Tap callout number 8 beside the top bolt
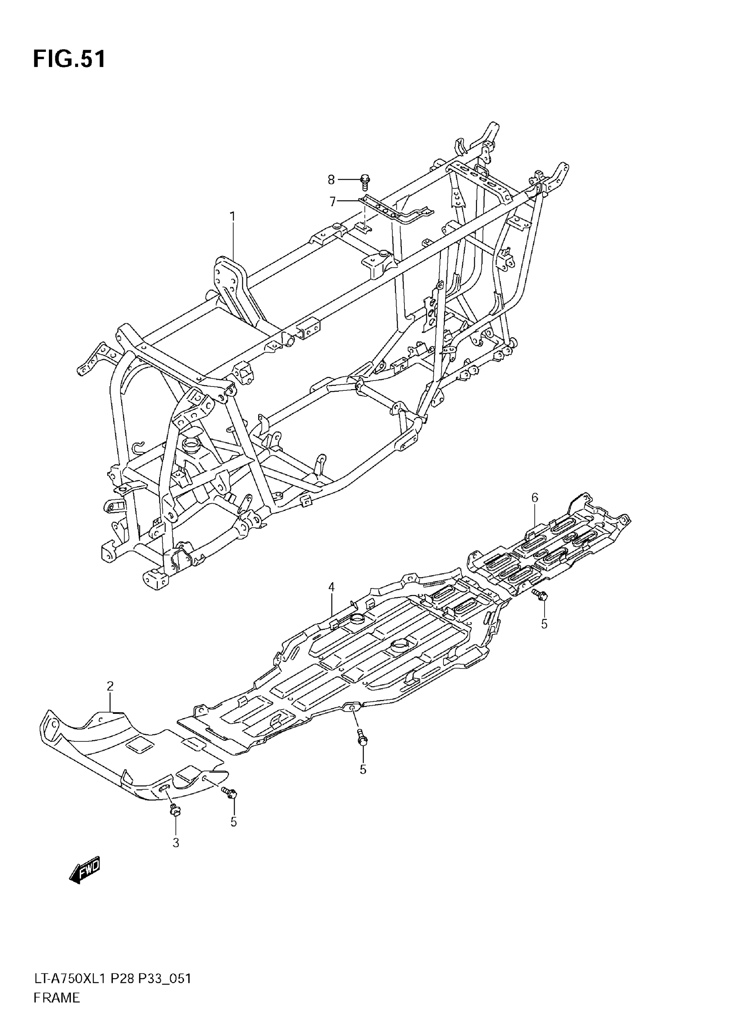[x=331, y=180]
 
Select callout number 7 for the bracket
[x=333, y=202]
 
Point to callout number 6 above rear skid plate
[x=535, y=498]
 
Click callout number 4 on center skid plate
[x=331, y=587]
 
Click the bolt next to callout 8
[x=365, y=181]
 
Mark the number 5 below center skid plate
[x=363, y=770]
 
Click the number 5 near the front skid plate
[x=233, y=822]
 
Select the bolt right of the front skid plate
[x=230, y=793]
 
